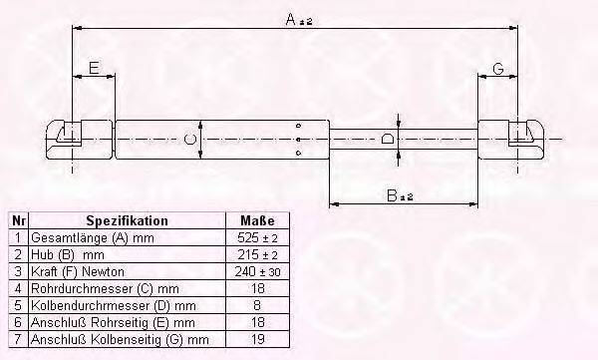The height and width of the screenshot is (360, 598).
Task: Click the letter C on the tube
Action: [x=190, y=140]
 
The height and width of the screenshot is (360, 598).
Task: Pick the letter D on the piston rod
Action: [x=387, y=140]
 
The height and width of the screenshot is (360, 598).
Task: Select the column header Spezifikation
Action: [x=127, y=220]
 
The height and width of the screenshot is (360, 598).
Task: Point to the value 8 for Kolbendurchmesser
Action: [x=258, y=305]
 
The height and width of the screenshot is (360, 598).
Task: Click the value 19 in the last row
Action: [x=258, y=339]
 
